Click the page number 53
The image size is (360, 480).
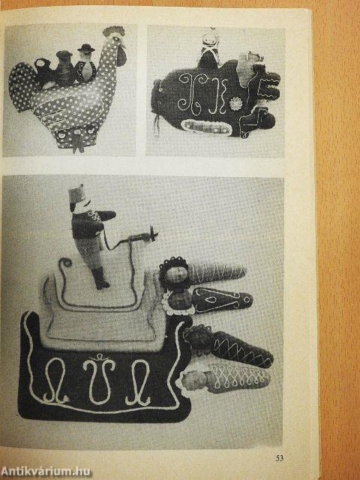280,458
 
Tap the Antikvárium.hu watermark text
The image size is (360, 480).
46,472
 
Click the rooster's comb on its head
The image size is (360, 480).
114,31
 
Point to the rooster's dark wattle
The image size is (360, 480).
121,57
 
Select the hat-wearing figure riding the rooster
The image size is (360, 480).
85,64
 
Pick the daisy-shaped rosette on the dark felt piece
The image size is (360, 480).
235,103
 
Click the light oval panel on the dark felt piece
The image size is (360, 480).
207,127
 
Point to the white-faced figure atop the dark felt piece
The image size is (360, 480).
210,49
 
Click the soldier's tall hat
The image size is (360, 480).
76,194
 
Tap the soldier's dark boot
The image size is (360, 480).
100,277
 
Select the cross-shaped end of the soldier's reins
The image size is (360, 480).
153,235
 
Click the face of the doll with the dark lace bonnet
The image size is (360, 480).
177,274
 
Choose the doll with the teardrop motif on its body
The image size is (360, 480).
208,300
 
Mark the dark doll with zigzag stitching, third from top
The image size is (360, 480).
228,346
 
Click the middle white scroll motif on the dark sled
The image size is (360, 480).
99,378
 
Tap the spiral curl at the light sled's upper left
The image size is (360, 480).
65,263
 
